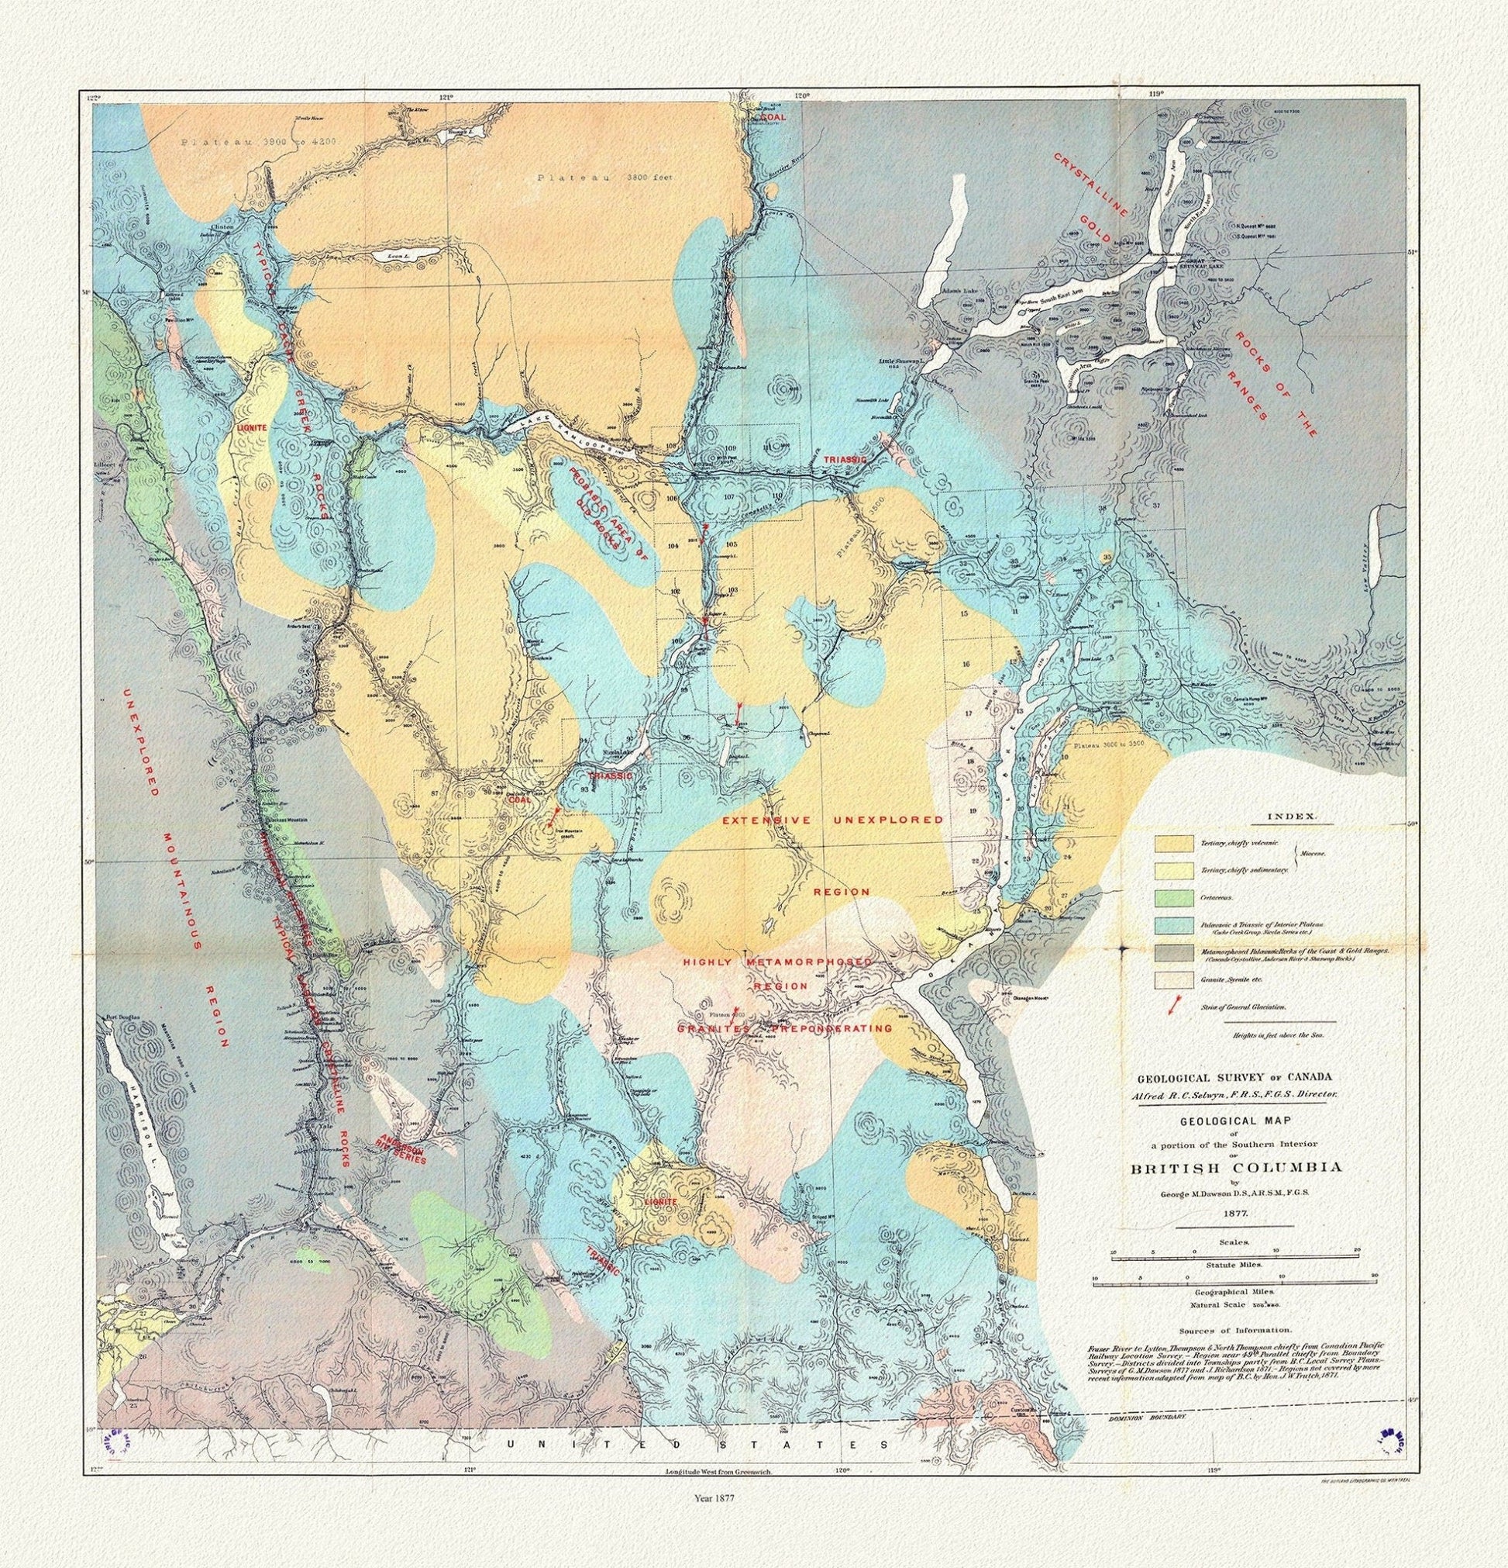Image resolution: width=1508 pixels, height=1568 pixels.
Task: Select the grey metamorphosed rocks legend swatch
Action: click(x=1173, y=952)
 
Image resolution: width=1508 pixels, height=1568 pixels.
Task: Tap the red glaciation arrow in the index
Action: click(x=1172, y=1007)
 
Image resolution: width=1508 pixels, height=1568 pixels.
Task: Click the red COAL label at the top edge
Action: click(x=773, y=117)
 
